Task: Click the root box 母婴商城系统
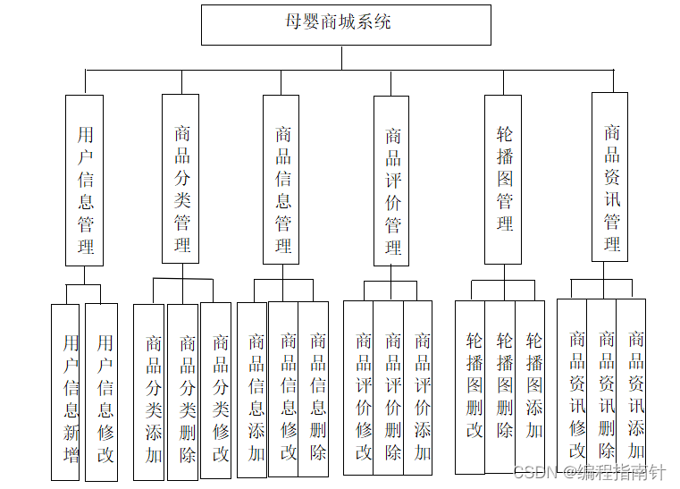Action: (x=345, y=24)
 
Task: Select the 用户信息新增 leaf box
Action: (x=65, y=392)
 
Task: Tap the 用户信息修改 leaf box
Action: (x=101, y=392)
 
